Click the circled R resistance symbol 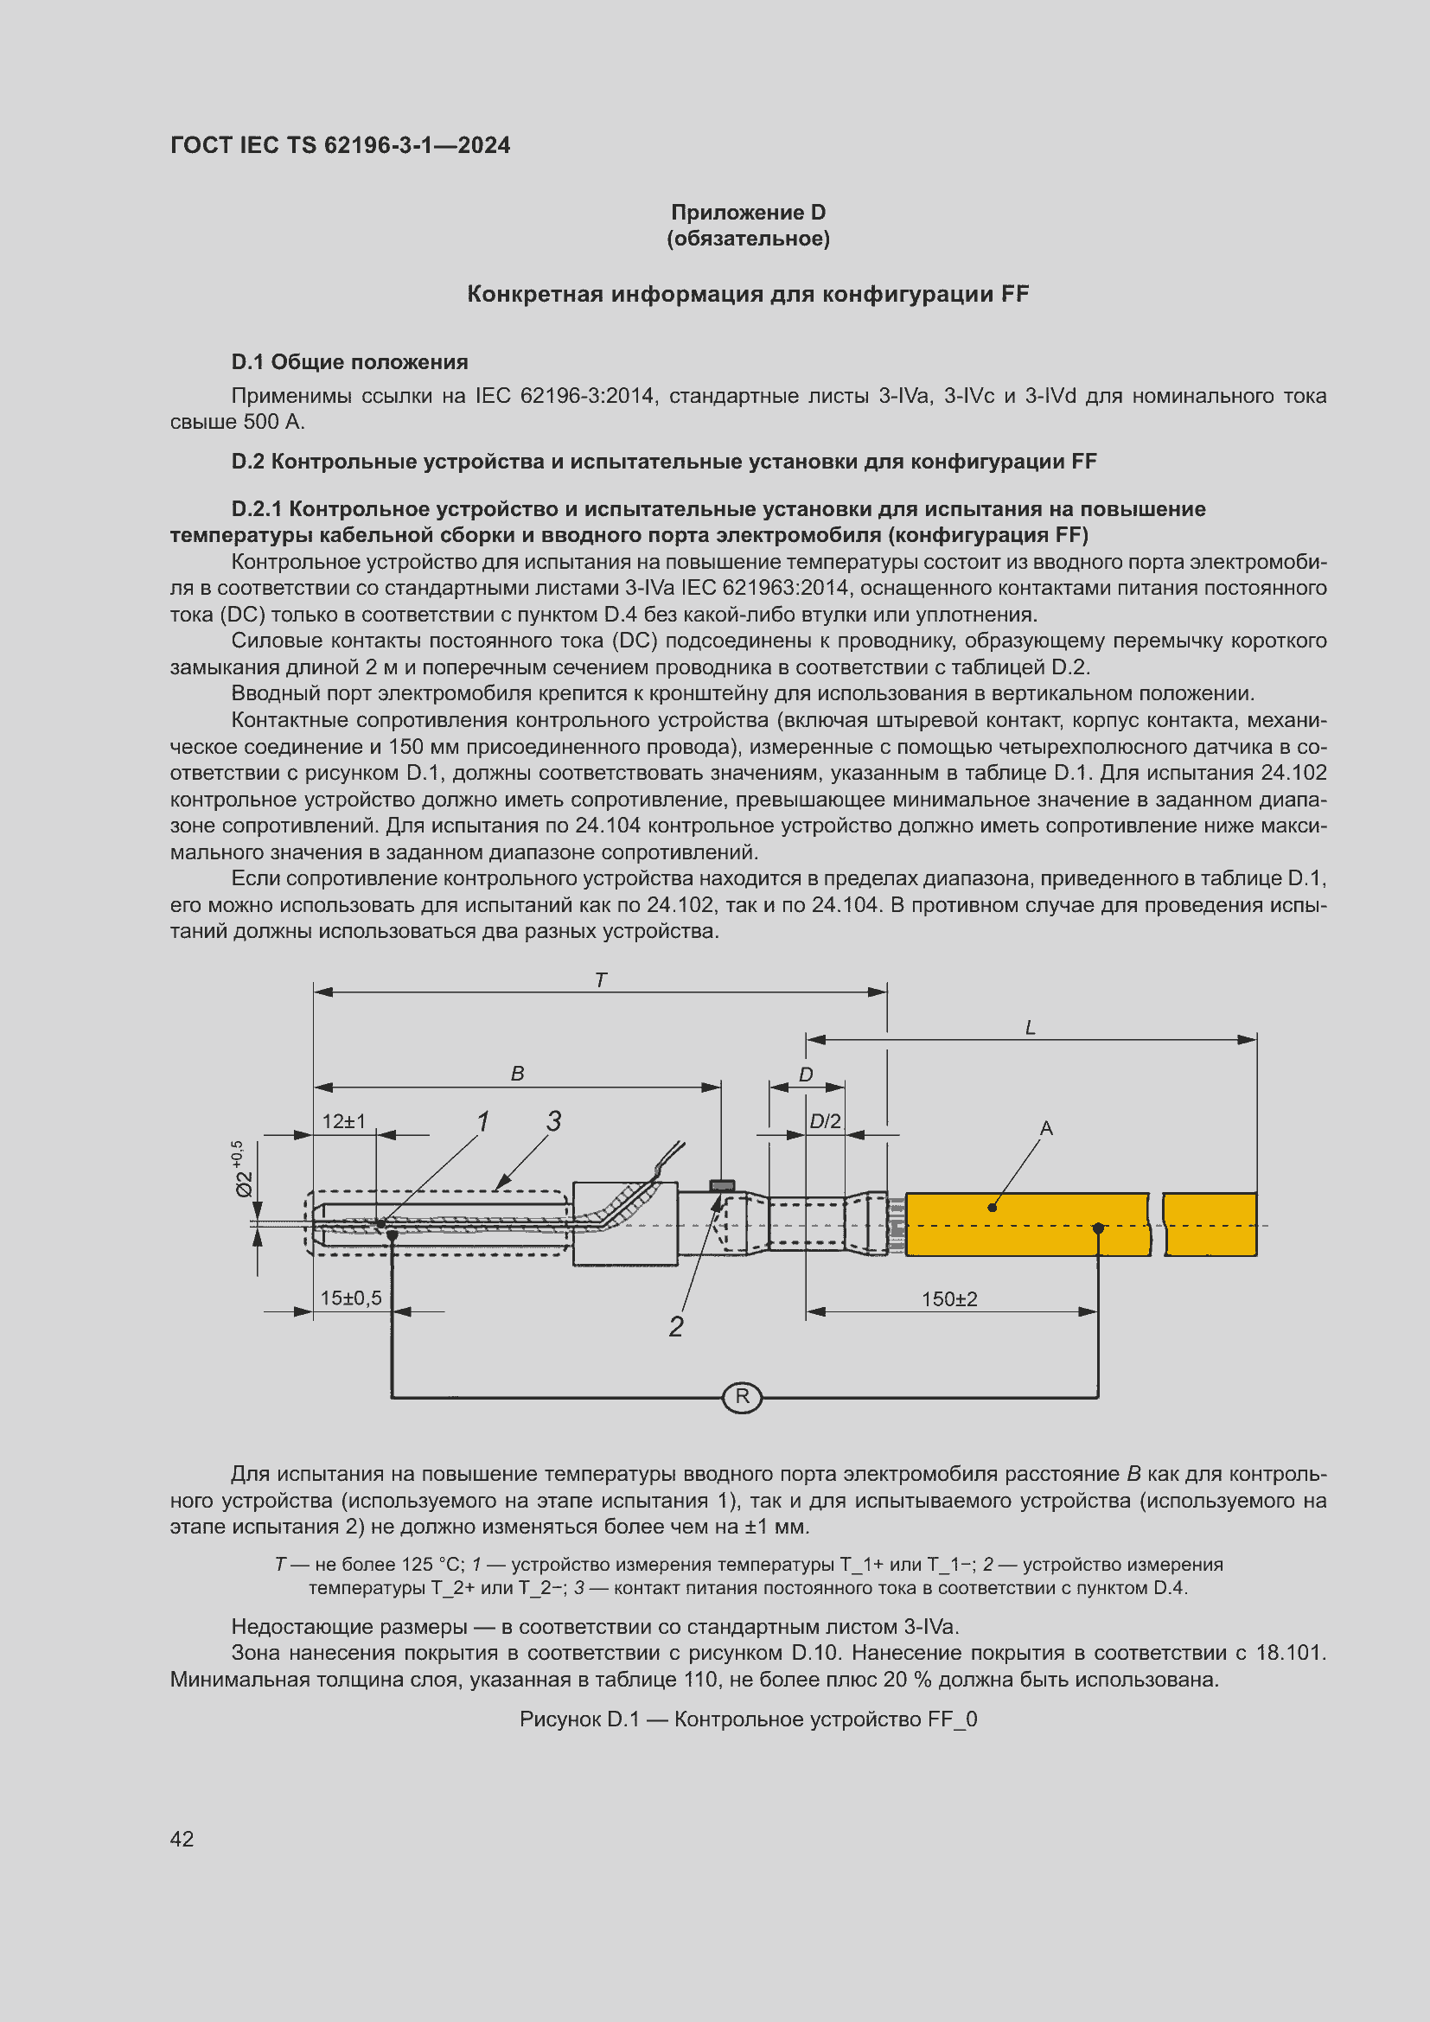coord(742,1397)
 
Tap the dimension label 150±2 coord(948,1299)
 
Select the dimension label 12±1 coord(343,1121)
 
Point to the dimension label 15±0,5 coord(350,1298)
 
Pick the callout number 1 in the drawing coord(482,1121)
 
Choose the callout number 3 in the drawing coord(553,1120)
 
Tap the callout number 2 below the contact coord(675,1326)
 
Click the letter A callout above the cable coord(1046,1128)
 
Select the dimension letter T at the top coord(601,979)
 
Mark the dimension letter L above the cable coord(1031,1027)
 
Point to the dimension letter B coord(517,1074)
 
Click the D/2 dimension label coord(825,1121)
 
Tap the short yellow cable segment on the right coord(1210,1224)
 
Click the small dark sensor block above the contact coord(721,1185)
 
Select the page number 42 coord(182,1839)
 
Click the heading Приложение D coord(748,213)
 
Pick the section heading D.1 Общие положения coord(348,362)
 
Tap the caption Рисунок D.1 coord(748,1719)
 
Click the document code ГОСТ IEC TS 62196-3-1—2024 coord(340,145)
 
